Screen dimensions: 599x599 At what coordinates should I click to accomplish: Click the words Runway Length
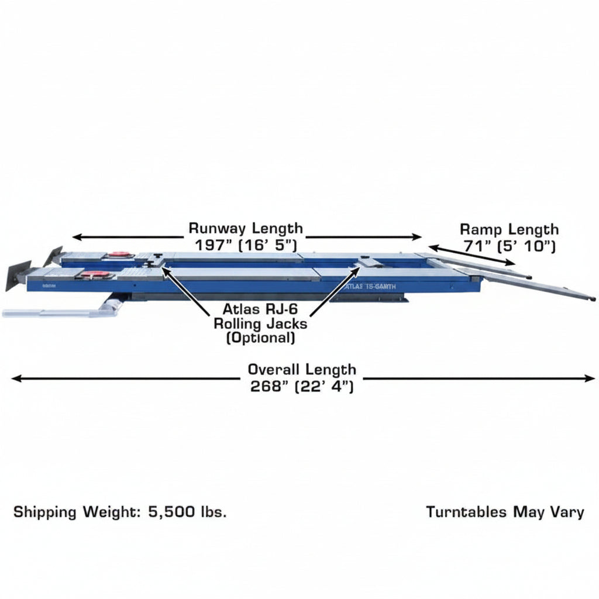[x=246, y=229]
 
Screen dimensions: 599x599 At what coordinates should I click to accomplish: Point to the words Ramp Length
[x=510, y=229]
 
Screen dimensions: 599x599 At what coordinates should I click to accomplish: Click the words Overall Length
[x=302, y=370]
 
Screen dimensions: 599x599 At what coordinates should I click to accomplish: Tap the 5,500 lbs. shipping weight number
[x=188, y=512]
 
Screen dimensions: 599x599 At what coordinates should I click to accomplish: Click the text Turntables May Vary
[x=505, y=512]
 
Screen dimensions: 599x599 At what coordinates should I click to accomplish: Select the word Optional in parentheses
[x=260, y=338]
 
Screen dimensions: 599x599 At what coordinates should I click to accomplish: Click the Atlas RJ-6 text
[x=260, y=309]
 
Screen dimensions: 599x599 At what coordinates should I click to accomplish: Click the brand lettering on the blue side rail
[x=370, y=287]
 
